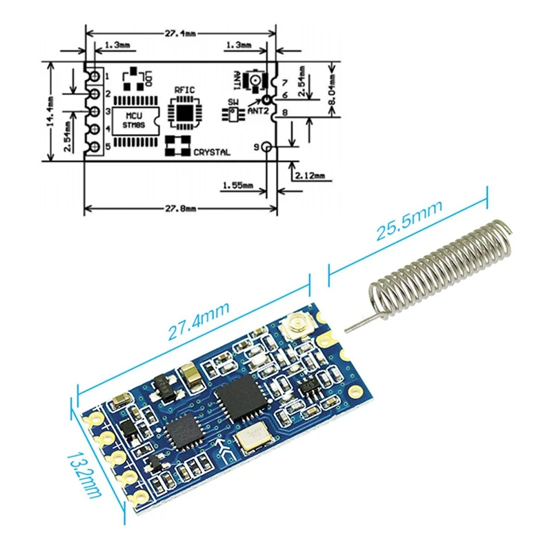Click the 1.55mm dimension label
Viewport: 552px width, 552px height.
tap(238, 185)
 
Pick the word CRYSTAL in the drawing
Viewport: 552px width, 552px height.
tap(212, 152)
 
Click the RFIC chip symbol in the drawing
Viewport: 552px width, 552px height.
tap(185, 110)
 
